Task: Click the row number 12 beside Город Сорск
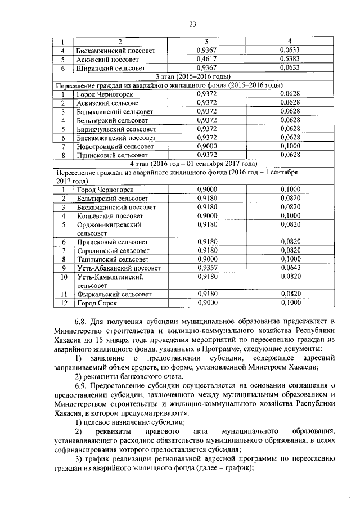[x=64, y=303]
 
